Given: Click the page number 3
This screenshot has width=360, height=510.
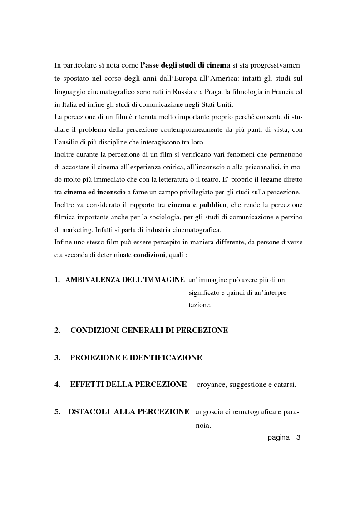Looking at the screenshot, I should pos(298,438).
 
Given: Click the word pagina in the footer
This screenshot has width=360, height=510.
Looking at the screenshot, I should pos(278,438).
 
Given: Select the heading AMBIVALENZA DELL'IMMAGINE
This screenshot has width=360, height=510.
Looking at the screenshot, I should pos(125,280).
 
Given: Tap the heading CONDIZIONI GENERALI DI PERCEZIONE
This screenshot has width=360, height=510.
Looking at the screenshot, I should pos(149,331).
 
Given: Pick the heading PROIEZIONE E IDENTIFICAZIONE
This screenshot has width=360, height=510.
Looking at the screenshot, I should pos(136,358).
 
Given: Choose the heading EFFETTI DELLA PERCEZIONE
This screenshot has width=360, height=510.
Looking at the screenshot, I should pos(128,385).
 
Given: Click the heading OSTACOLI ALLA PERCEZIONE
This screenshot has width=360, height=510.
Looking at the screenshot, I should pos(129,412).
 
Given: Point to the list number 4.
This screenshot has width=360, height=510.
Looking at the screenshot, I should pos(58,385).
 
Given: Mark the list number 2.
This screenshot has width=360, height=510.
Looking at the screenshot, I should pos(58,331).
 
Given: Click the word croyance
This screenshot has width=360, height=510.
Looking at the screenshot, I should pos(211,385).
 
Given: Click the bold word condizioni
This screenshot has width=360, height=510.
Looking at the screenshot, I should pos(149,255).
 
